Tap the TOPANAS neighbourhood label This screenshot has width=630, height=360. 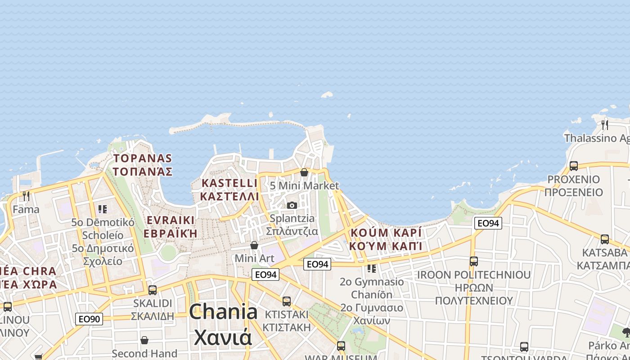(x=143, y=158)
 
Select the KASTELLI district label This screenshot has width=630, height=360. (x=229, y=183)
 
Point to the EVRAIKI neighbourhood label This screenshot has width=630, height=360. (x=171, y=220)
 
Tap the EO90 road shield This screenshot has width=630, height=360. (x=89, y=319)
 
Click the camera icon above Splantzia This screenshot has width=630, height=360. (x=292, y=205)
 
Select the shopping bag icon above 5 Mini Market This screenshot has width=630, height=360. (x=304, y=172)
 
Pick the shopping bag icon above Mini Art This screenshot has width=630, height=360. (x=254, y=245)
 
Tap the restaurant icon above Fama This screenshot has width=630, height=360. (x=26, y=196)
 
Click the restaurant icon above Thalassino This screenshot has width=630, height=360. (x=604, y=124)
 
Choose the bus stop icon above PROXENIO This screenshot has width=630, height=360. (x=574, y=166)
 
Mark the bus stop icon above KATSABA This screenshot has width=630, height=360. (x=605, y=239)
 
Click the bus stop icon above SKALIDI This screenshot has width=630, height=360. (x=153, y=290)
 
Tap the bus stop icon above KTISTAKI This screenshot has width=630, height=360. (x=287, y=301)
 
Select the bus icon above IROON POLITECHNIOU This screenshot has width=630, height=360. (x=474, y=261)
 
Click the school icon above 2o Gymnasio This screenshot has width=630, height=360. (x=372, y=269)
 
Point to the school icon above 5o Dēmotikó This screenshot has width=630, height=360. (x=103, y=209)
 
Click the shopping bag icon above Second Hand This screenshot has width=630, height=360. (x=144, y=340)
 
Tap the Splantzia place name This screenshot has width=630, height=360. (x=292, y=218)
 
